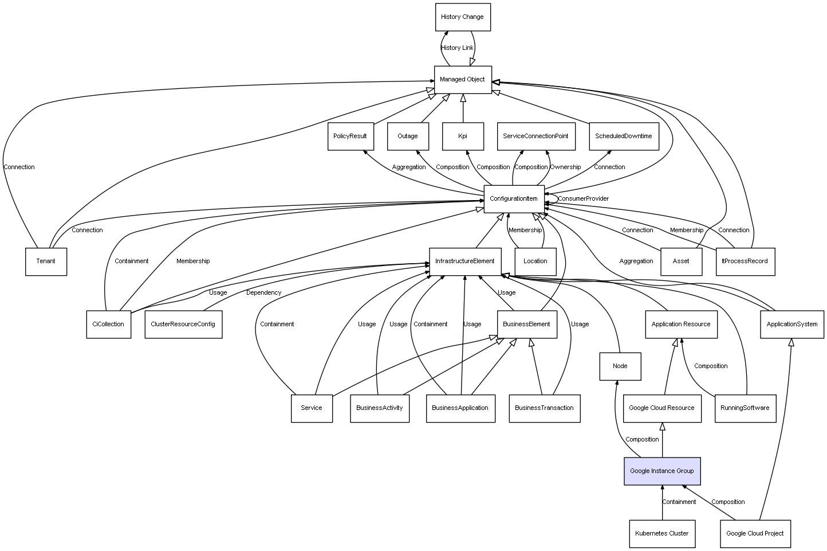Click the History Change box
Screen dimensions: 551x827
pyautogui.click(x=462, y=17)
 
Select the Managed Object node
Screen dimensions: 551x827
pyautogui.click(x=462, y=80)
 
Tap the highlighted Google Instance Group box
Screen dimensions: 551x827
pyautogui.click(x=661, y=471)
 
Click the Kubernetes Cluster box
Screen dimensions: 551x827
pyautogui.click(x=661, y=534)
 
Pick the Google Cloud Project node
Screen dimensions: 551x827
pyautogui.click(x=755, y=534)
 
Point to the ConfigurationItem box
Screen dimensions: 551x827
pyautogui.click(x=514, y=199)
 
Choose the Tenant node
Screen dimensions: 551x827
pyautogui.click(x=46, y=261)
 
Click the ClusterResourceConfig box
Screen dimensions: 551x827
pyautogui.click(x=183, y=325)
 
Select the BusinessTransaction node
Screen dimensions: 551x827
pyautogui.click(x=544, y=408)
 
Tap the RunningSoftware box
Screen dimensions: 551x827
pyautogui.click(x=745, y=408)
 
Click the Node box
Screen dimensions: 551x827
pyautogui.click(x=620, y=366)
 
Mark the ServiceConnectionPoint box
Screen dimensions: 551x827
pyautogui.click(x=535, y=136)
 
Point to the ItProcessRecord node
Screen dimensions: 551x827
pyautogui.click(x=745, y=261)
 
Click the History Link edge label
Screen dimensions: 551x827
pyautogui.click(x=458, y=48)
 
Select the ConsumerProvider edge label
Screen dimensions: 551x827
pyautogui.click(x=583, y=199)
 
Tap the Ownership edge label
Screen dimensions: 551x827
pyautogui.click(x=565, y=167)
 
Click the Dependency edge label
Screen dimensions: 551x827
pyautogui.click(x=263, y=293)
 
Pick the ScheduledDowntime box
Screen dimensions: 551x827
pyautogui.click(x=623, y=136)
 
